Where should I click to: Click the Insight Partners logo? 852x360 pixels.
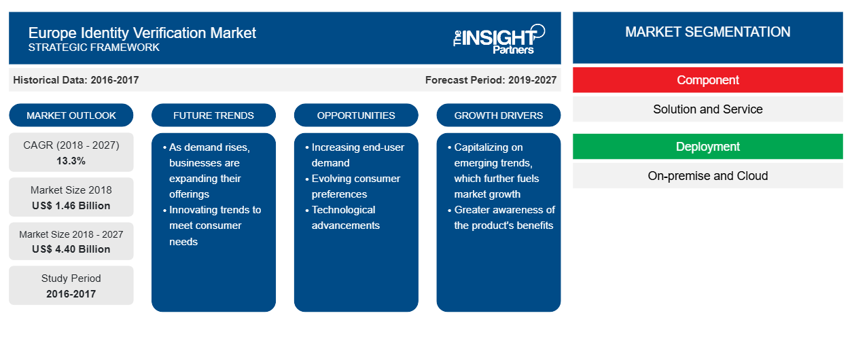(x=499, y=39)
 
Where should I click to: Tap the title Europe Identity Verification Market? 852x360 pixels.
(x=142, y=33)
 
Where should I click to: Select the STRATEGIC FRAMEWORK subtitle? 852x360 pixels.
(x=94, y=48)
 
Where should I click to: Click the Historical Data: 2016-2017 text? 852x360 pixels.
(x=75, y=80)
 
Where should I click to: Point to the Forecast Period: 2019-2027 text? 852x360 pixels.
(x=491, y=80)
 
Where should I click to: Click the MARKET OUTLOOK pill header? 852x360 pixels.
(x=71, y=115)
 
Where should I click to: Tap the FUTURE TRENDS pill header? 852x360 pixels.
(x=213, y=115)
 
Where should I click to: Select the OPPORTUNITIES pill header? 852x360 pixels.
(x=356, y=115)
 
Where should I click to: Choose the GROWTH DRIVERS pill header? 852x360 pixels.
(x=498, y=115)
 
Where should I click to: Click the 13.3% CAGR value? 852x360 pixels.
(x=71, y=161)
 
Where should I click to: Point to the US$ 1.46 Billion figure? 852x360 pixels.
(x=71, y=206)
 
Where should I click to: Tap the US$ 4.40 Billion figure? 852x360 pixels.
(x=71, y=249)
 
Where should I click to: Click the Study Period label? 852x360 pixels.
(x=71, y=278)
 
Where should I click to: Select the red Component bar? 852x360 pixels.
(x=707, y=80)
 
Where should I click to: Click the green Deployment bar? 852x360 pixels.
(x=707, y=146)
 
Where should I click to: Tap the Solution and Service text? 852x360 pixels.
(x=707, y=109)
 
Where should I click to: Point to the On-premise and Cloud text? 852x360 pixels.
(x=707, y=176)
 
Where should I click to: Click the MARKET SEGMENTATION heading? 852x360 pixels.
(x=707, y=32)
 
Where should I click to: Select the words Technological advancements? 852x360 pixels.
(x=345, y=217)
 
